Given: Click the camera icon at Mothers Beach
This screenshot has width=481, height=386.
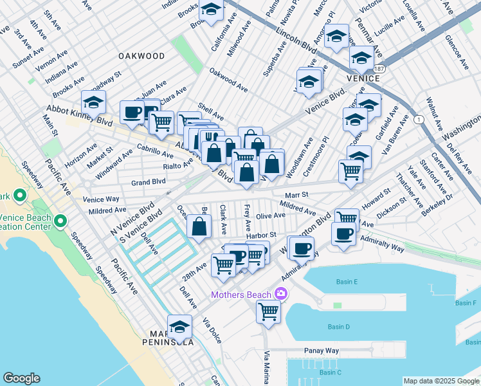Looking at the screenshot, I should tap(280, 294).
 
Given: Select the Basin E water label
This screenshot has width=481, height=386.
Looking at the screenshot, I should tap(346, 282).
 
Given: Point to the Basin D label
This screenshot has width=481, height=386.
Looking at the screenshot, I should tap(338, 327).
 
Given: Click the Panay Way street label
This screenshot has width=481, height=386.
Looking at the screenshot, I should tap(322, 351).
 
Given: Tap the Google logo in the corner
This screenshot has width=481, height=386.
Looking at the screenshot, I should tap(21, 378).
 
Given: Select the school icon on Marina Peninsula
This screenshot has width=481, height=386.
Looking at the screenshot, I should tap(180, 326).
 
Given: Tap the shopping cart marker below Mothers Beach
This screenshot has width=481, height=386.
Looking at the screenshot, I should tap(268, 311).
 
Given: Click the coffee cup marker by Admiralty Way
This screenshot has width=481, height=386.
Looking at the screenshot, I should tap(343, 234).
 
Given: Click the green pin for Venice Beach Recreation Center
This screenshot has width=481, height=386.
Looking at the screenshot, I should tap(61, 222).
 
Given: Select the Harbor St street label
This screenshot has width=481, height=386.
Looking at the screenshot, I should tap(263, 235).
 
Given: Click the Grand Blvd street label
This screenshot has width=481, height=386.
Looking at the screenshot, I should tap(149, 183).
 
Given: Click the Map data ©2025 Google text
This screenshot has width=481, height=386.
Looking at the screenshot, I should tap(440, 380).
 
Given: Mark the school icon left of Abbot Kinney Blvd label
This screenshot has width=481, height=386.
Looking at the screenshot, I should tap(93, 102).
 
